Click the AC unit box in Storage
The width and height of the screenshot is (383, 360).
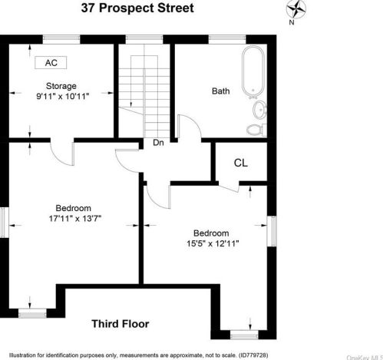click(x=51, y=63)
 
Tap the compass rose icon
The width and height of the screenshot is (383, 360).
click(x=296, y=9)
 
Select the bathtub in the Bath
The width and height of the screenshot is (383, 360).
click(x=253, y=72)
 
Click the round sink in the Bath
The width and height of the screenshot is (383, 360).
click(x=260, y=110)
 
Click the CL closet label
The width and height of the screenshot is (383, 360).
click(x=241, y=163)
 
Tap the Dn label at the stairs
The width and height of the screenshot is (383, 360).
click(x=158, y=143)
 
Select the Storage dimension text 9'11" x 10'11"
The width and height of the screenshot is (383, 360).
click(x=63, y=97)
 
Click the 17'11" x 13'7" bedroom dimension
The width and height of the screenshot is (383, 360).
click(x=75, y=219)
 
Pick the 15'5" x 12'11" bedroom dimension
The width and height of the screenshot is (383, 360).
click(x=213, y=243)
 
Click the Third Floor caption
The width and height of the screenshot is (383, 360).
click(x=121, y=324)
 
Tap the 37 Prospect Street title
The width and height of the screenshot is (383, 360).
click(x=137, y=8)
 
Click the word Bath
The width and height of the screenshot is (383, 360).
click(x=221, y=91)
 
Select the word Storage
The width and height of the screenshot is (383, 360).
click(x=61, y=86)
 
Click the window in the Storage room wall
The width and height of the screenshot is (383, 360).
click(x=61, y=39)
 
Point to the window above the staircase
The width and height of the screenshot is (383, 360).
click(x=144, y=39)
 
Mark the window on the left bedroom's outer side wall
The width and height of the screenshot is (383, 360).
click(x=5, y=222)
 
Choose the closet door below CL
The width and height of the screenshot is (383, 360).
click(x=229, y=188)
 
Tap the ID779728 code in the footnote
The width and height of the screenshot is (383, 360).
click(x=253, y=355)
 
